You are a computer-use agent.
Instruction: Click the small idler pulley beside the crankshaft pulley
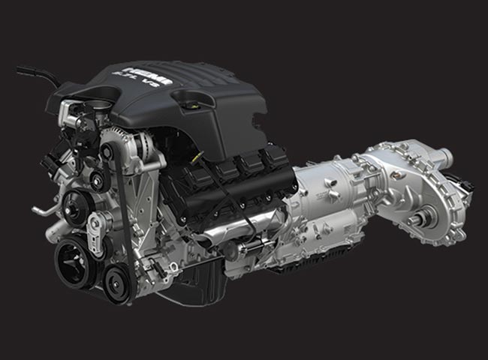[x=117, y=283]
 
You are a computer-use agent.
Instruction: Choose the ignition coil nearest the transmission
[x=274, y=162]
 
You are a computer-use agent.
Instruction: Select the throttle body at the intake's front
[x=79, y=112]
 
